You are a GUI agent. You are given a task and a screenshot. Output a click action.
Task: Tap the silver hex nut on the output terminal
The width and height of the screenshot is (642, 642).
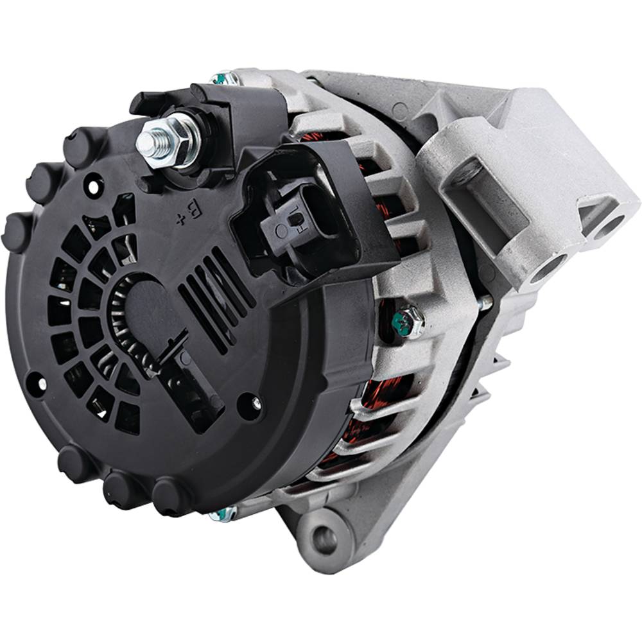[x=180, y=135]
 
